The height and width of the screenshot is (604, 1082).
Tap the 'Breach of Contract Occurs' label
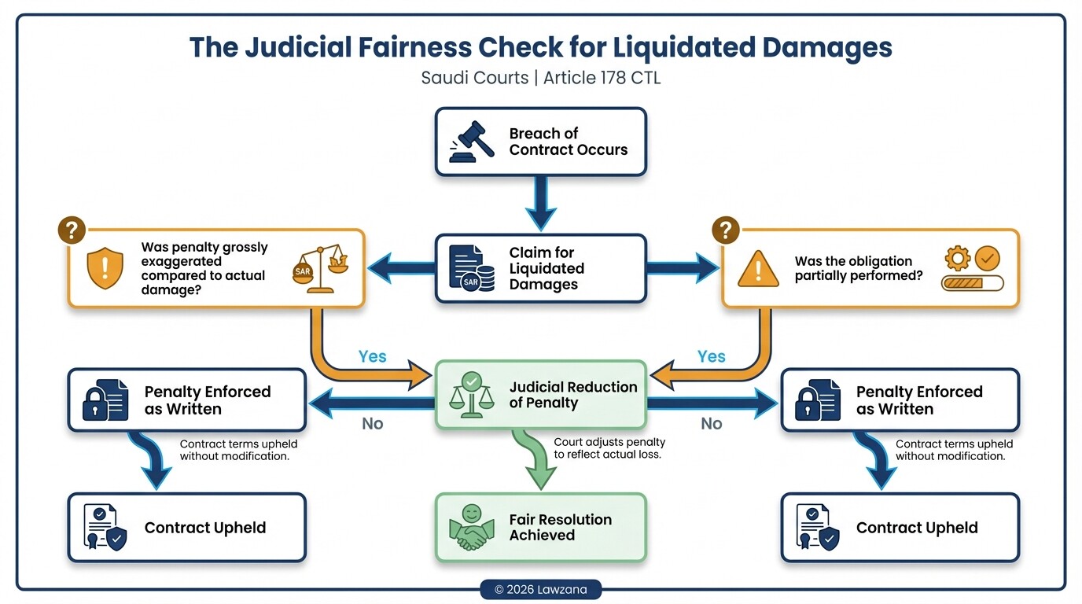(568, 142)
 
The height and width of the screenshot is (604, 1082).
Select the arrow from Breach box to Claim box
(541, 202)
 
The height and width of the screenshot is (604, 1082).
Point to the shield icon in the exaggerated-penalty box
(105, 268)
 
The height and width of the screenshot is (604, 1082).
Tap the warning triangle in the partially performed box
(758, 268)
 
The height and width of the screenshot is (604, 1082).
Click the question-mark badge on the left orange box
(72, 230)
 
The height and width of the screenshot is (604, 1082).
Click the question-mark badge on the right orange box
(726, 230)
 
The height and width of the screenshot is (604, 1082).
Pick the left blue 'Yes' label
(372, 356)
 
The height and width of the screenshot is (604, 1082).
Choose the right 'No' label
(711, 424)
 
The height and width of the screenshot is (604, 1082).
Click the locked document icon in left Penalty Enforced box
(105, 400)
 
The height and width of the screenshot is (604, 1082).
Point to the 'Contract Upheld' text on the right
(917, 528)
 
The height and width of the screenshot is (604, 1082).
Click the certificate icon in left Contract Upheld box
(105, 528)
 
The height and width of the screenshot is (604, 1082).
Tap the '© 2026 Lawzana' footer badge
(540, 590)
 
